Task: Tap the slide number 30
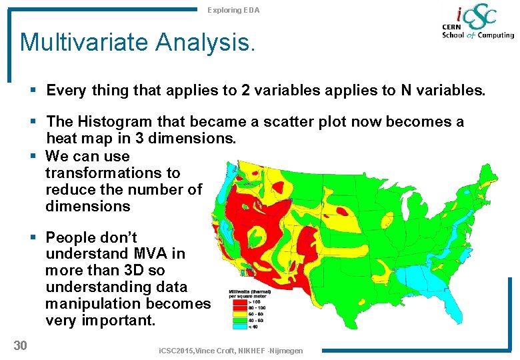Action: click(20, 345)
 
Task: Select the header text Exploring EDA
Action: click(233, 10)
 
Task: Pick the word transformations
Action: click(113, 173)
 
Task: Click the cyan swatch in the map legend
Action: click(235, 325)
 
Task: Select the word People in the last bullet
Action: click(71, 237)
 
